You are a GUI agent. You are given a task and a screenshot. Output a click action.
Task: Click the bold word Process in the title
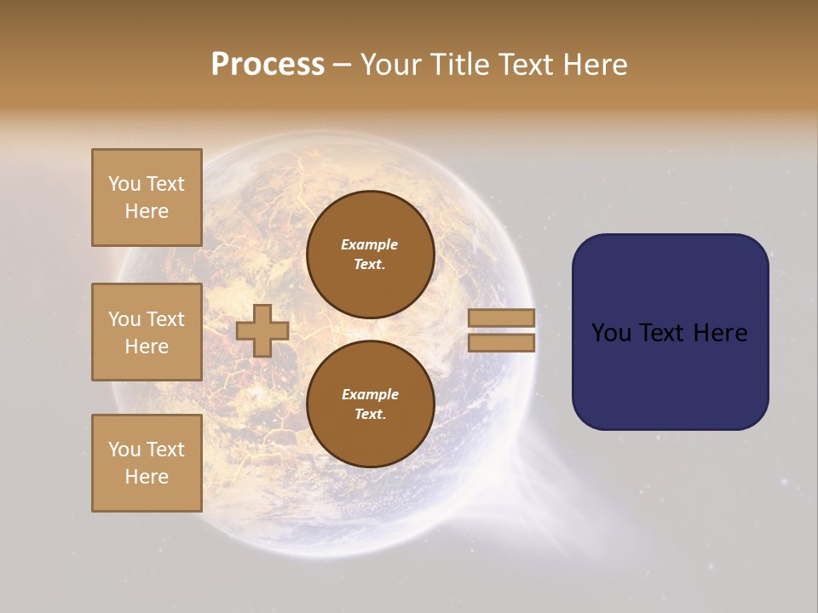pyautogui.click(x=268, y=64)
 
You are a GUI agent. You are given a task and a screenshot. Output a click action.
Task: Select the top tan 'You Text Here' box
pyautogui.click(x=147, y=198)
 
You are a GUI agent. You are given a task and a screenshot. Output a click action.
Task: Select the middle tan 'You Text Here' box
pyautogui.click(x=147, y=332)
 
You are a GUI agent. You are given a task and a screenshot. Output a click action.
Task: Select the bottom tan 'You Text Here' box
pyautogui.click(x=147, y=463)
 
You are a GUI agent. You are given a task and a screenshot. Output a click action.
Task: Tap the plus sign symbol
pyautogui.click(x=262, y=330)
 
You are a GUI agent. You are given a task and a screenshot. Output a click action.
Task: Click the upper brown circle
pyautogui.click(x=370, y=254)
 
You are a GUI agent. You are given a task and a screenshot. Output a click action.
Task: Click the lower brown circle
pyautogui.click(x=370, y=404)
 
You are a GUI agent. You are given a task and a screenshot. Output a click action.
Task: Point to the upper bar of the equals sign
pyautogui.click(x=501, y=318)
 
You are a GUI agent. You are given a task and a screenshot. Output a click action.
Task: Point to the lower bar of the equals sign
pyautogui.click(x=501, y=342)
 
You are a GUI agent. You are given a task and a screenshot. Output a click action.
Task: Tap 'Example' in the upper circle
pyautogui.click(x=370, y=244)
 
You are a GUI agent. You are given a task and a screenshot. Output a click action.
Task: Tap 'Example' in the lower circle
pyautogui.click(x=370, y=394)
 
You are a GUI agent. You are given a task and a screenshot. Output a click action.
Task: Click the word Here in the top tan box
pyautogui.click(x=147, y=211)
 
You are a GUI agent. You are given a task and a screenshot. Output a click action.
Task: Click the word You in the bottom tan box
pyautogui.click(x=124, y=450)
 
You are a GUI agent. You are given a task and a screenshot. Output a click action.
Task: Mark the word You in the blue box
pyautogui.click(x=611, y=332)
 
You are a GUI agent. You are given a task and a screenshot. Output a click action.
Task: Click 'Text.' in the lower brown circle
pyautogui.click(x=370, y=414)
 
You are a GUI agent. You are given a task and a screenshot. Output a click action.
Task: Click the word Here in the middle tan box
pyautogui.click(x=147, y=347)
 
